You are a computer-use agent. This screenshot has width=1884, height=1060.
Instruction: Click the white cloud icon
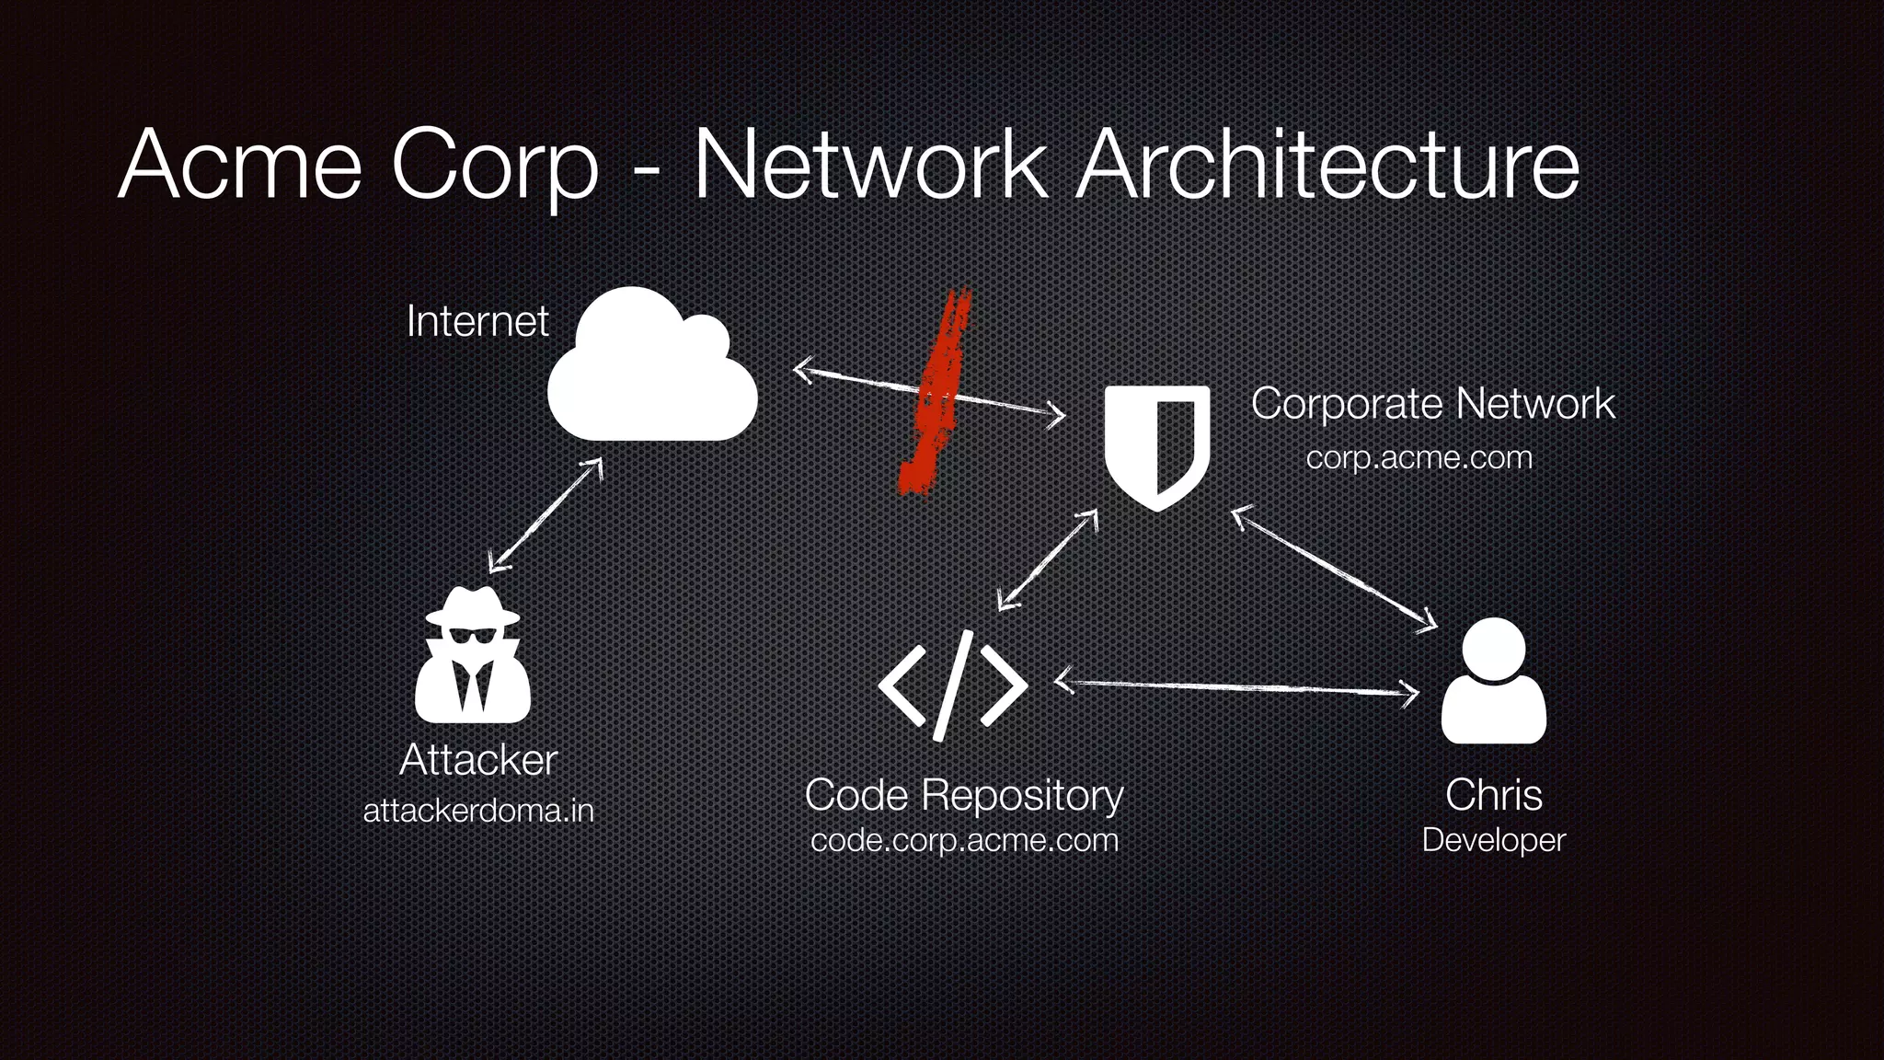651,368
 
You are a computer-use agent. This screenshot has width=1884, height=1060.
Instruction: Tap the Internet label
477,321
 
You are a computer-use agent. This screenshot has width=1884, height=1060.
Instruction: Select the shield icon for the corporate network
1156,445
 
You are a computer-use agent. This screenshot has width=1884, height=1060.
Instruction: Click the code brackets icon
953,686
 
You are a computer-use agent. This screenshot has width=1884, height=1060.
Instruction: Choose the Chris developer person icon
1493,681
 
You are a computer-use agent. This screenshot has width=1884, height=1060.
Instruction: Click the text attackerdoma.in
478,811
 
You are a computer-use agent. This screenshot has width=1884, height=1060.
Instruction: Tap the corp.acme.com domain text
1419,457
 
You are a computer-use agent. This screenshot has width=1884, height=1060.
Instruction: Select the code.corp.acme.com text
964,840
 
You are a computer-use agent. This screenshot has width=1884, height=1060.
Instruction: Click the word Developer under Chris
1493,840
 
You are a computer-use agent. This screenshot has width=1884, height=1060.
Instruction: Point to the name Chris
1493,795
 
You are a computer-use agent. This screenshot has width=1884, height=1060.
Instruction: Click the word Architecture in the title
1328,166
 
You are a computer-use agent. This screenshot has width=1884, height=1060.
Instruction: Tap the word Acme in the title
240,166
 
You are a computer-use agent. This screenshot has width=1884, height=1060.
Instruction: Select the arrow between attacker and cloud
545,515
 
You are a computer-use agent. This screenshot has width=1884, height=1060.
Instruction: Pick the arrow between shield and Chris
1334,570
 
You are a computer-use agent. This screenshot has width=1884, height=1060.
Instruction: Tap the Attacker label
478,760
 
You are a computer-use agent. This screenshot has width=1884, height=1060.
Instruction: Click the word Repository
1022,795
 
